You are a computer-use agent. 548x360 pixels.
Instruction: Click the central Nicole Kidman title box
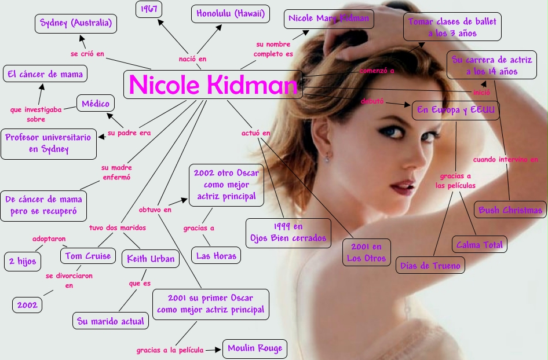pos(213,85)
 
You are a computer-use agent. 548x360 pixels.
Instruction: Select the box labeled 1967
pos(149,9)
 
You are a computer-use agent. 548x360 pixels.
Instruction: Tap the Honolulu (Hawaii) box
pos(230,13)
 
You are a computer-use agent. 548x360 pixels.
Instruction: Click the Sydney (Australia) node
pos(76,24)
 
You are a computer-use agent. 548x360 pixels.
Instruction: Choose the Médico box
pos(96,104)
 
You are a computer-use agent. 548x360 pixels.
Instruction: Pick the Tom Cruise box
pos(87,256)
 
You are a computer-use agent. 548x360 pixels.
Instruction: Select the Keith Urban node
pos(150,259)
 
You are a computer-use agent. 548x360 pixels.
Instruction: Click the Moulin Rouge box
pos(255,348)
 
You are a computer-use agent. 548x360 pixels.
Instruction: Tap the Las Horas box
pos(215,256)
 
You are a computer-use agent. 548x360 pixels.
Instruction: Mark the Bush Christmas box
pos(510,210)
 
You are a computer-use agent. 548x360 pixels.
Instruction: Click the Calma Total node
pos(479,245)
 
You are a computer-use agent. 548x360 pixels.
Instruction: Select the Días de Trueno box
pos(430,266)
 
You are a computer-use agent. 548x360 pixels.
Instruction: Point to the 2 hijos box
pos(23,261)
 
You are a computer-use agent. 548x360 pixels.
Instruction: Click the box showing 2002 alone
pos(27,305)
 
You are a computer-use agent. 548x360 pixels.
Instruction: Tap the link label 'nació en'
pos(192,58)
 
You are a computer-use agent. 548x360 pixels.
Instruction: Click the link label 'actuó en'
pos(255,133)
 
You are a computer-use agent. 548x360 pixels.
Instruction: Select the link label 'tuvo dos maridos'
pos(117,227)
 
